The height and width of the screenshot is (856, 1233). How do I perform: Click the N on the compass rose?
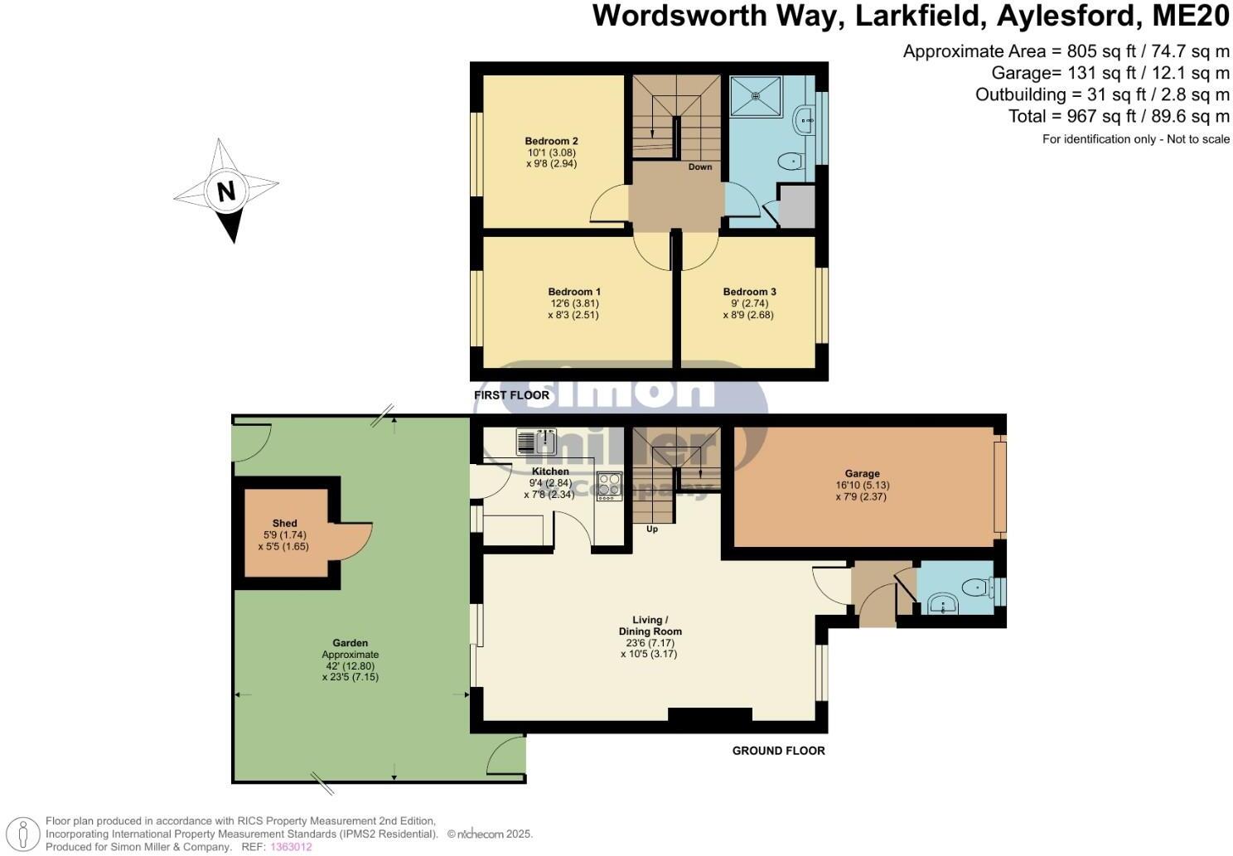(x=225, y=191)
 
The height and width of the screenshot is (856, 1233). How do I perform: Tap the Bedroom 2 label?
(x=551, y=141)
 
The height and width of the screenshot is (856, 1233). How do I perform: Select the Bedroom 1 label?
(x=573, y=292)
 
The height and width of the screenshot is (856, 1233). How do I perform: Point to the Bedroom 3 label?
(x=749, y=292)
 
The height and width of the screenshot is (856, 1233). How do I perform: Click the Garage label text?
(x=862, y=474)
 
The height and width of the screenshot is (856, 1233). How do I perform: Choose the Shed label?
(x=284, y=523)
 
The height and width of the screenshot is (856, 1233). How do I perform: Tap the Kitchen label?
(x=550, y=472)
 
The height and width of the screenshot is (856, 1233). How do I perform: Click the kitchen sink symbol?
(x=536, y=442)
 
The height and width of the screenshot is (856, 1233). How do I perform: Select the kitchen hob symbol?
(x=609, y=486)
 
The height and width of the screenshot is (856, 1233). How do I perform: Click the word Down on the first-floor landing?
(x=700, y=167)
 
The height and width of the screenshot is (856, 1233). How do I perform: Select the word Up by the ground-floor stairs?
(x=652, y=529)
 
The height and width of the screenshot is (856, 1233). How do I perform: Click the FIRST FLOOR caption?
(x=511, y=395)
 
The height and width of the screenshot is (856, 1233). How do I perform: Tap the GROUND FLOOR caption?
(x=778, y=751)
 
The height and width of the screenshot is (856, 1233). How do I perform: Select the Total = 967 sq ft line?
(x=1119, y=117)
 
